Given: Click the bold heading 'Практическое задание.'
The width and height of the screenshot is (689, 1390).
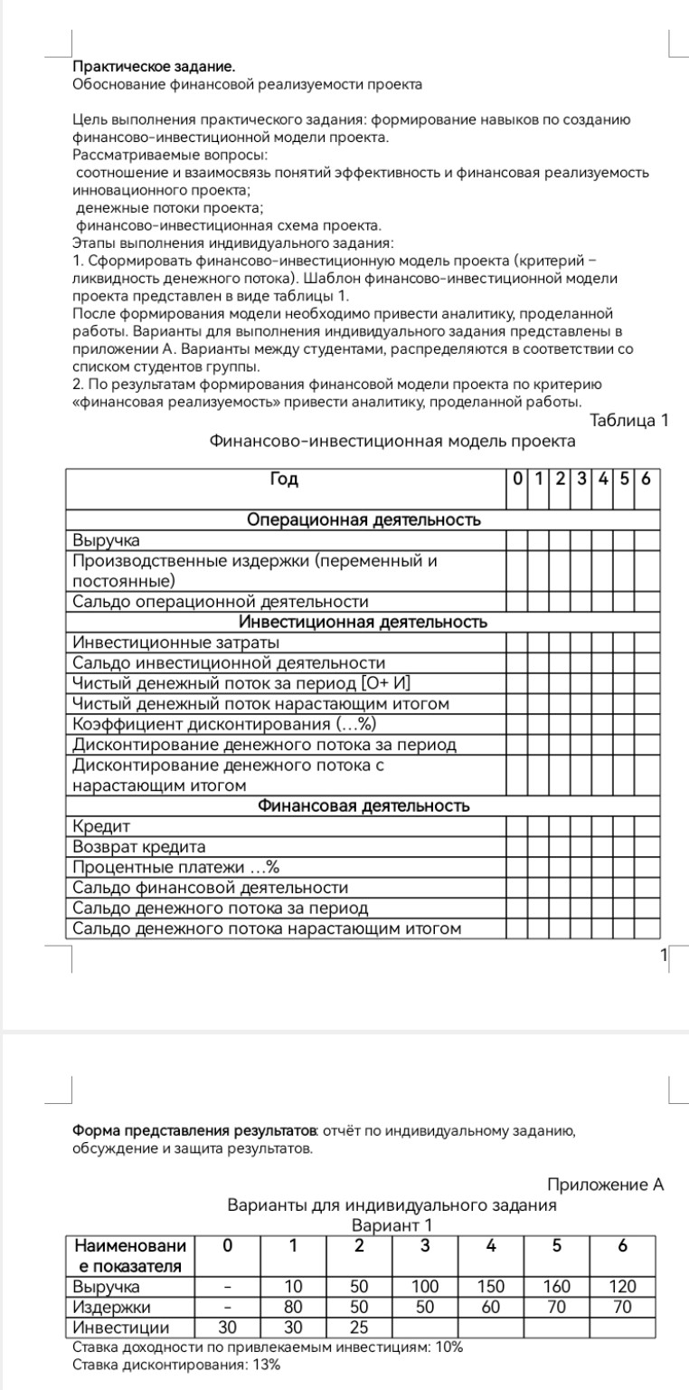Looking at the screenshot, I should (153, 67).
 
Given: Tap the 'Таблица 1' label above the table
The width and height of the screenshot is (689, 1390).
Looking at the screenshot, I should (628, 420).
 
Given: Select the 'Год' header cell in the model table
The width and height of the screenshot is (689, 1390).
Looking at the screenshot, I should (285, 480).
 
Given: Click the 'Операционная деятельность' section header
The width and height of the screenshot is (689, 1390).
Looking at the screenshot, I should (363, 519).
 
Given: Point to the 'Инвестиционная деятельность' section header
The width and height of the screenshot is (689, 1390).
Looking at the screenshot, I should (363, 622).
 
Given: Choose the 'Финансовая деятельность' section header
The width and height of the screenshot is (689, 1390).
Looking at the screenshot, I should (363, 805).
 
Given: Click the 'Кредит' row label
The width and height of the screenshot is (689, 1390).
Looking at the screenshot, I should (101, 826).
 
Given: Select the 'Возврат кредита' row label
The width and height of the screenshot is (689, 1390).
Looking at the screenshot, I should (139, 847).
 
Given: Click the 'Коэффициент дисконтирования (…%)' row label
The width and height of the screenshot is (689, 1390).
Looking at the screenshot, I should (223, 724).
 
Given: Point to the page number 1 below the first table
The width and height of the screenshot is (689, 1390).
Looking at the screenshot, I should (663, 955).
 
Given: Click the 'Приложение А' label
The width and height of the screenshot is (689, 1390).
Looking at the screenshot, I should (606, 1185).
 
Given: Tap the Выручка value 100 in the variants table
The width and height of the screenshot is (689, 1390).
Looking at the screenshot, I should (424, 1286).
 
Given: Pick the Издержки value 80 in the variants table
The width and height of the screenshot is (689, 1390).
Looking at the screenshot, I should (292, 1307).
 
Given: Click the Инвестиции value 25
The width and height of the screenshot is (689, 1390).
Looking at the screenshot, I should (358, 1328).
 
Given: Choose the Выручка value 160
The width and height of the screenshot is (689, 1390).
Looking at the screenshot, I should (556, 1286).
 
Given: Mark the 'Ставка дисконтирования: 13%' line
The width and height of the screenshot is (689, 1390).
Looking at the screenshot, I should (175, 1366).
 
